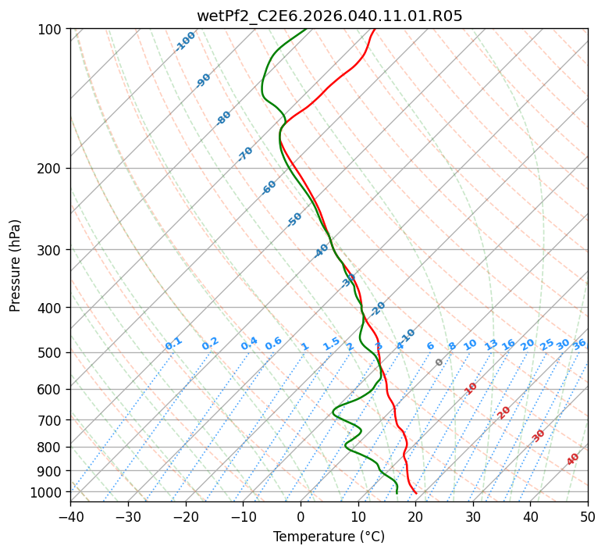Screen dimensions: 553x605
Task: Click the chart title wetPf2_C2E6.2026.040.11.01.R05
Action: pos(329,16)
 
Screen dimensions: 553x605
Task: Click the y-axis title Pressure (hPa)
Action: pos(16,266)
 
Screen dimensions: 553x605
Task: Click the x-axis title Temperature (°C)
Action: pos(329,537)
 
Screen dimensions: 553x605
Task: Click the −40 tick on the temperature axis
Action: pos(70,516)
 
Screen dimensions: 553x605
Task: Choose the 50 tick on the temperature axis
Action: pos(588,516)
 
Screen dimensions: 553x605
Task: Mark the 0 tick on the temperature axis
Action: pos(301,516)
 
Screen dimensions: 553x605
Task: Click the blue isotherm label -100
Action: pos(185,41)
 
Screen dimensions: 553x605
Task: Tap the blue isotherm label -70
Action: pos(245,154)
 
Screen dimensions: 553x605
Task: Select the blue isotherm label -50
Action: pos(294,219)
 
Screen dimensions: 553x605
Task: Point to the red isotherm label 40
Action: pos(573,459)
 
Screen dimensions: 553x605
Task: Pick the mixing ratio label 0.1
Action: pos(173,344)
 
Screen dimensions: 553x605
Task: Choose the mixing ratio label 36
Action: pos(579,344)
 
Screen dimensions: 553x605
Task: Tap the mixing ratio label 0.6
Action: pos(273,344)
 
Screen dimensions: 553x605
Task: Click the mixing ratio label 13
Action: pos(491,344)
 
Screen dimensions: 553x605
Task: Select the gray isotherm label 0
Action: pos(440,362)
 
